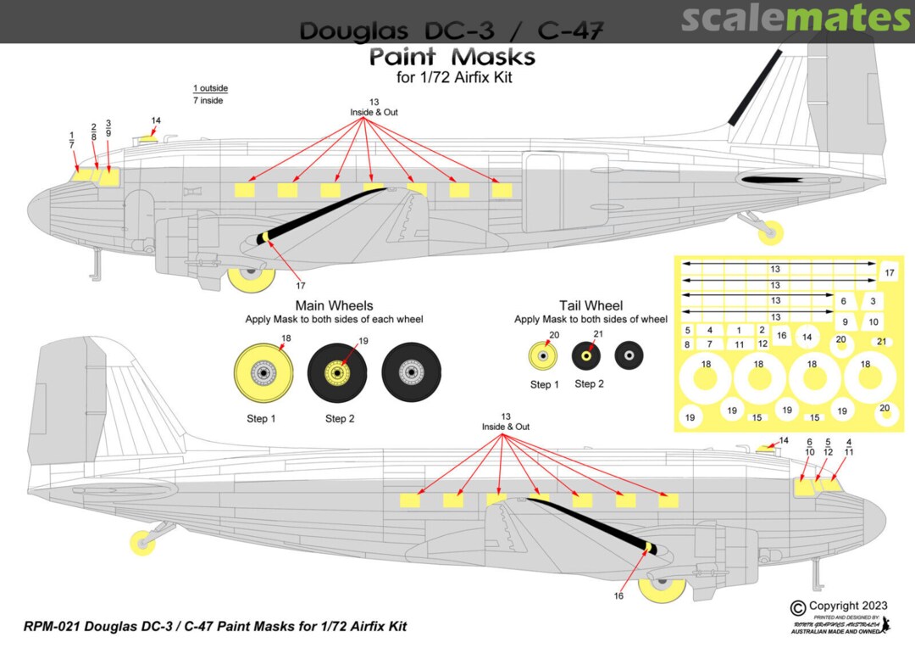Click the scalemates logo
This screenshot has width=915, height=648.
click(796, 18)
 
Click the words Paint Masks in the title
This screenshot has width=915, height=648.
click(452, 58)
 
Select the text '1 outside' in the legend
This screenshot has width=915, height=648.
click(210, 88)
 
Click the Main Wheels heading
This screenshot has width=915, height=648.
click(334, 305)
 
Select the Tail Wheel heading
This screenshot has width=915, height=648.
click(591, 305)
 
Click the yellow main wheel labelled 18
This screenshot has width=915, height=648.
click(264, 371)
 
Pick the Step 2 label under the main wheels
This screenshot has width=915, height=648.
click(340, 418)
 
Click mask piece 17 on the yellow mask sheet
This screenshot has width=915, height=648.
click(889, 273)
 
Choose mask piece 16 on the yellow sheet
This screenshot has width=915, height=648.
click(781, 336)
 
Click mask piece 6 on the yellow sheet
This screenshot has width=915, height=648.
click(844, 301)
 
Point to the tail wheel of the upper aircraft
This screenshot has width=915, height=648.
click(772, 230)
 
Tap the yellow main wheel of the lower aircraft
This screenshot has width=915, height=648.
click(662, 592)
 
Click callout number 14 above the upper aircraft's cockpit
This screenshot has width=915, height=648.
click(155, 120)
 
